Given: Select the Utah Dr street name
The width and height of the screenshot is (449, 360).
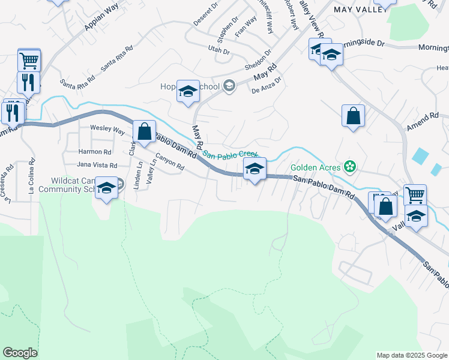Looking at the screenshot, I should (218, 51).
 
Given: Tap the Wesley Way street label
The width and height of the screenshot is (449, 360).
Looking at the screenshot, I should (107, 128).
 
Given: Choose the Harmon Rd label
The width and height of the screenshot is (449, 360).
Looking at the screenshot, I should (95, 152).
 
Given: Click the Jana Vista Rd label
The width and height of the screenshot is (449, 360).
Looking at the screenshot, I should (97, 164).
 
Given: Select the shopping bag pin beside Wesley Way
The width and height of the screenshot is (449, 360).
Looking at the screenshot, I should (144, 131).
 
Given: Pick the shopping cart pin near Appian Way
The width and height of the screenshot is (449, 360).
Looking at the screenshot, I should (29, 60).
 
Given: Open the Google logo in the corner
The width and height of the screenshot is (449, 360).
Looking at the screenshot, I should (20, 353).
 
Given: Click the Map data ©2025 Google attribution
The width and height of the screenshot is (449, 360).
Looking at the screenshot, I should (411, 355).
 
